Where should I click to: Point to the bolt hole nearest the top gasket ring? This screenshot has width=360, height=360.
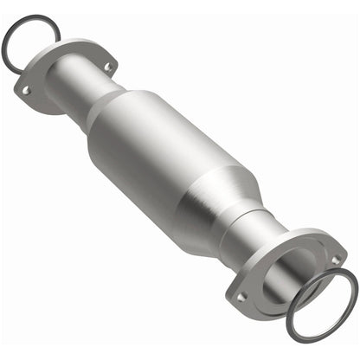pyautogui.click(x=107, y=67)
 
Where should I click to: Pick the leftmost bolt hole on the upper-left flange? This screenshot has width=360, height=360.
pyautogui.click(x=27, y=89)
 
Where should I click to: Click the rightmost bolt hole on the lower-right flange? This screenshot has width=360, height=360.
pyautogui.click(x=335, y=259)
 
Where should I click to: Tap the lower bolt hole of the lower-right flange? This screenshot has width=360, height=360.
pyautogui.click(x=241, y=297)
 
